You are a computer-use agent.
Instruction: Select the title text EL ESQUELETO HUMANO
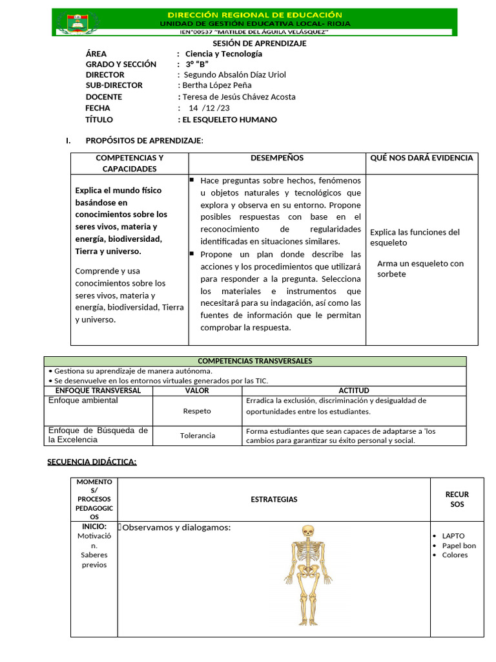pos(229,120)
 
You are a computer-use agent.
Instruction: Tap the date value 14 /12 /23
pos(209,108)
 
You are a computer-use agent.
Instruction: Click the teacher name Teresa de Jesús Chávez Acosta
pos(239,97)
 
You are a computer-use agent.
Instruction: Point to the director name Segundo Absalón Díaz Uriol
pos(235,74)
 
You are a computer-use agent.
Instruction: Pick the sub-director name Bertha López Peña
pos(217,85)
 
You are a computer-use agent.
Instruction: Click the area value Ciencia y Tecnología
pos(223,54)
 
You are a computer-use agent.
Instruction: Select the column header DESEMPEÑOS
pos(276,158)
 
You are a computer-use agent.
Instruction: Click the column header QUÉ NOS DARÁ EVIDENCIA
pos(421,158)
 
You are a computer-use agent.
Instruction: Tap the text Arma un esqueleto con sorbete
pos(420,269)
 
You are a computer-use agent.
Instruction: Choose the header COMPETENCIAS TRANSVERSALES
pos(254,361)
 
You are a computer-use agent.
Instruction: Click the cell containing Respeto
pos(197,411)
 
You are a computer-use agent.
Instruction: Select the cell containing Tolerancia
pos(198,436)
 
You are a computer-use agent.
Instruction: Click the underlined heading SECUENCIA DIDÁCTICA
pos(92,461)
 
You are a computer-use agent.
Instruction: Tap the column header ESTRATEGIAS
pos(274,500)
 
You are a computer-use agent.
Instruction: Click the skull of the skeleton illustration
pos(308,531)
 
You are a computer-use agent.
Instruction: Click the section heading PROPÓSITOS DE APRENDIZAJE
pos(144,140)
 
